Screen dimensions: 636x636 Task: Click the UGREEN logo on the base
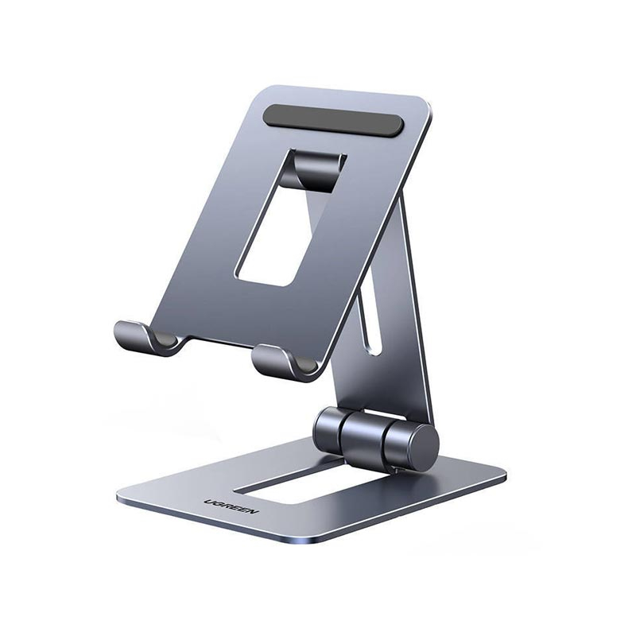[231, 507]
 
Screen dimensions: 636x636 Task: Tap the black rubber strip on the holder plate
[334, 120]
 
